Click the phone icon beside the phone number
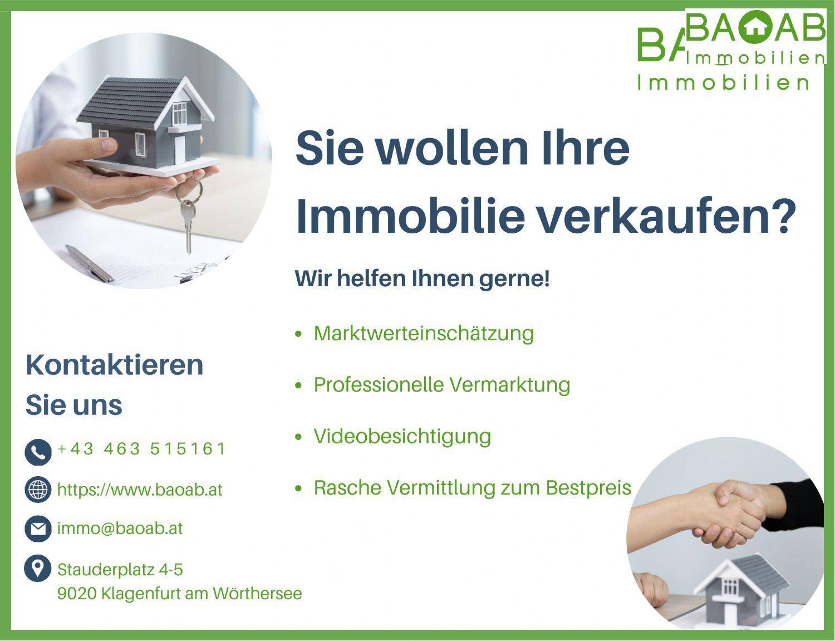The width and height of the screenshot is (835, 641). (38, 452)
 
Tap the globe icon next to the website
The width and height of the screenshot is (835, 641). (38, 490)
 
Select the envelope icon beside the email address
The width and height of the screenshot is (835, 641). (38, 529)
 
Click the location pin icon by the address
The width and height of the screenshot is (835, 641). (38, 569)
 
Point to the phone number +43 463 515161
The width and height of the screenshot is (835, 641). (141, 449)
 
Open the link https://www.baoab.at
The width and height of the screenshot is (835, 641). (140, 490)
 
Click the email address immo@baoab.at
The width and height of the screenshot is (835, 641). (120, 528)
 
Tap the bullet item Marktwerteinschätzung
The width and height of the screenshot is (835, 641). (424, 334)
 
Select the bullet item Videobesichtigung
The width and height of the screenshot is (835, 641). (402, 436)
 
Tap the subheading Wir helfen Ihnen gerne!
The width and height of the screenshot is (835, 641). (422, 278)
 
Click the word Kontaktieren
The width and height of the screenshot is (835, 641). (115, 365)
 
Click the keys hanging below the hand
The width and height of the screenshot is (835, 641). (188, 217)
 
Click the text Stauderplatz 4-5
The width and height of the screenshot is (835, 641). (120, 570)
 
